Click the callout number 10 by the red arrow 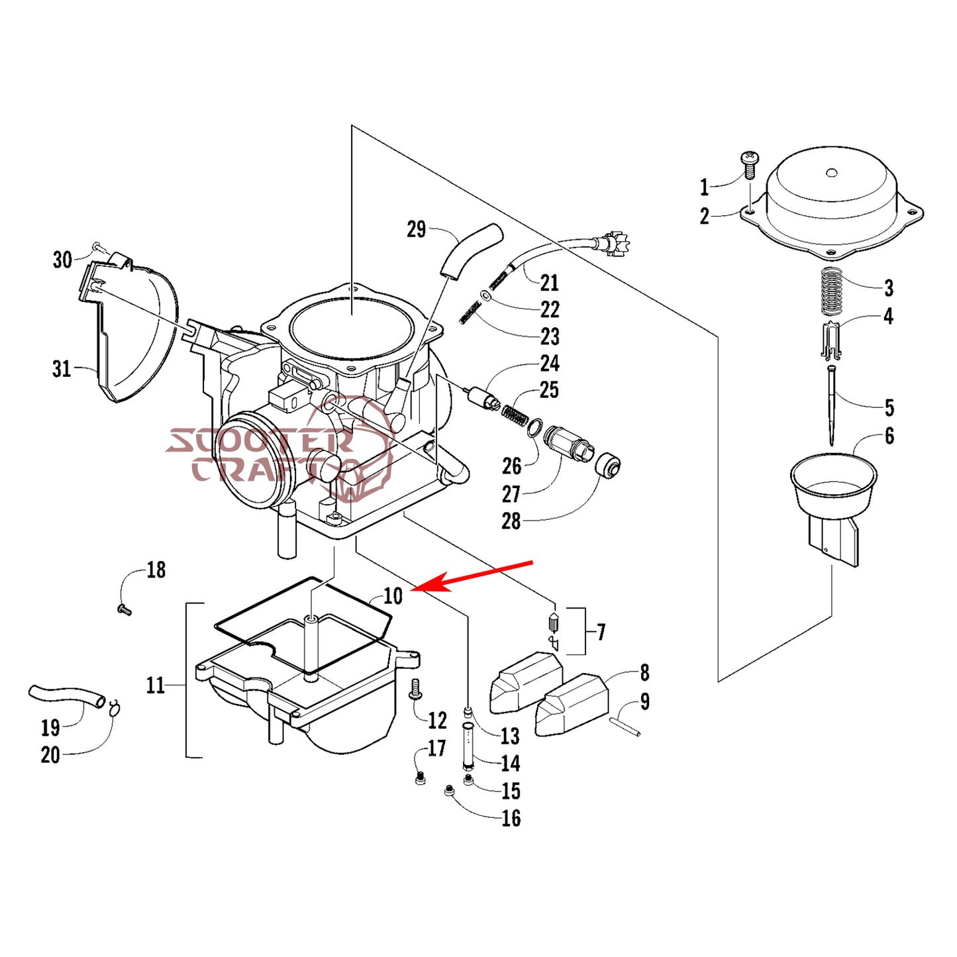point(393,596)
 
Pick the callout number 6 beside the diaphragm point(889,436)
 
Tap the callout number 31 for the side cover point(61,369)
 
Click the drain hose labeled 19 point(66,695)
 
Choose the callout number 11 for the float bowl point(155,685)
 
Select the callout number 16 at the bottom point(511,818)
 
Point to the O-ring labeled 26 point(534,428)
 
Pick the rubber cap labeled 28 point(607,466)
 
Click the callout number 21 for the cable point(549,283)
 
